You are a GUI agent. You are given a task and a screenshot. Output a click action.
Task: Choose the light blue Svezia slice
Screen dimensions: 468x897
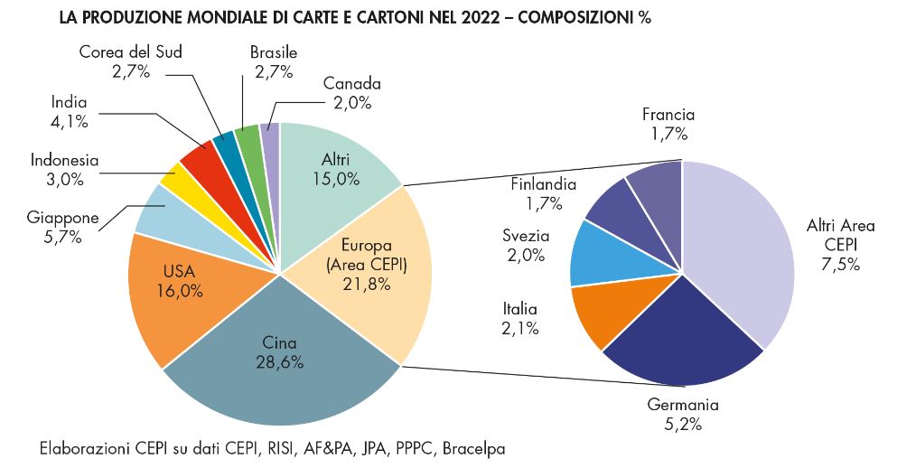click(x=601, y=253)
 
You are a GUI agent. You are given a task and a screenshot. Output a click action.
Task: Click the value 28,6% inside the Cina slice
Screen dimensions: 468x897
click(x=279, y=361)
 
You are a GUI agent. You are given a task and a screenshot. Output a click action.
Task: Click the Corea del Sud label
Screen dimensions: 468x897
click(x=130, y=51)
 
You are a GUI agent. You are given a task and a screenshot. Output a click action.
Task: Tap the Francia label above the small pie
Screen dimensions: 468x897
click(x=668, y=115)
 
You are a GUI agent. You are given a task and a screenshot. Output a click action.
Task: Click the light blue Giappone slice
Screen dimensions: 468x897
click(x=163, y=210)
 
